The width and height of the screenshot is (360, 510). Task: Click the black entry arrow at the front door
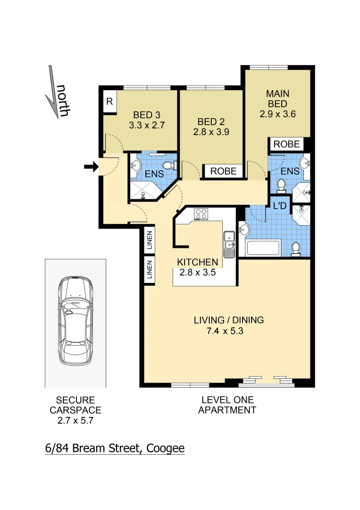coord(91,166)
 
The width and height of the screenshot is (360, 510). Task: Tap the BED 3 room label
coord(146,115)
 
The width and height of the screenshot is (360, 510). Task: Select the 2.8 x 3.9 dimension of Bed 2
coord(211,132)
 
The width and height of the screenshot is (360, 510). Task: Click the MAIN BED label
coord(277,98)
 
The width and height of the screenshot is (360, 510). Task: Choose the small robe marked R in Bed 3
coord(109,102)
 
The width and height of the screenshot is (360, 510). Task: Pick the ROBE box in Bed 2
coord(224,171)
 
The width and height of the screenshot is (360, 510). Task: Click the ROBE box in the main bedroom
coord(286,144)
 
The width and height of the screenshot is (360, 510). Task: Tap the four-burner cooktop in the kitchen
coord(201,214)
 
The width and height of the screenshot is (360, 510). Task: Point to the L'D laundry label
coord(280,205)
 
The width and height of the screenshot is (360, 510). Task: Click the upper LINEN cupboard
coord(149,240)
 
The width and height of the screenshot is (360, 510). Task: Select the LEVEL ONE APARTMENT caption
coord(227,405)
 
